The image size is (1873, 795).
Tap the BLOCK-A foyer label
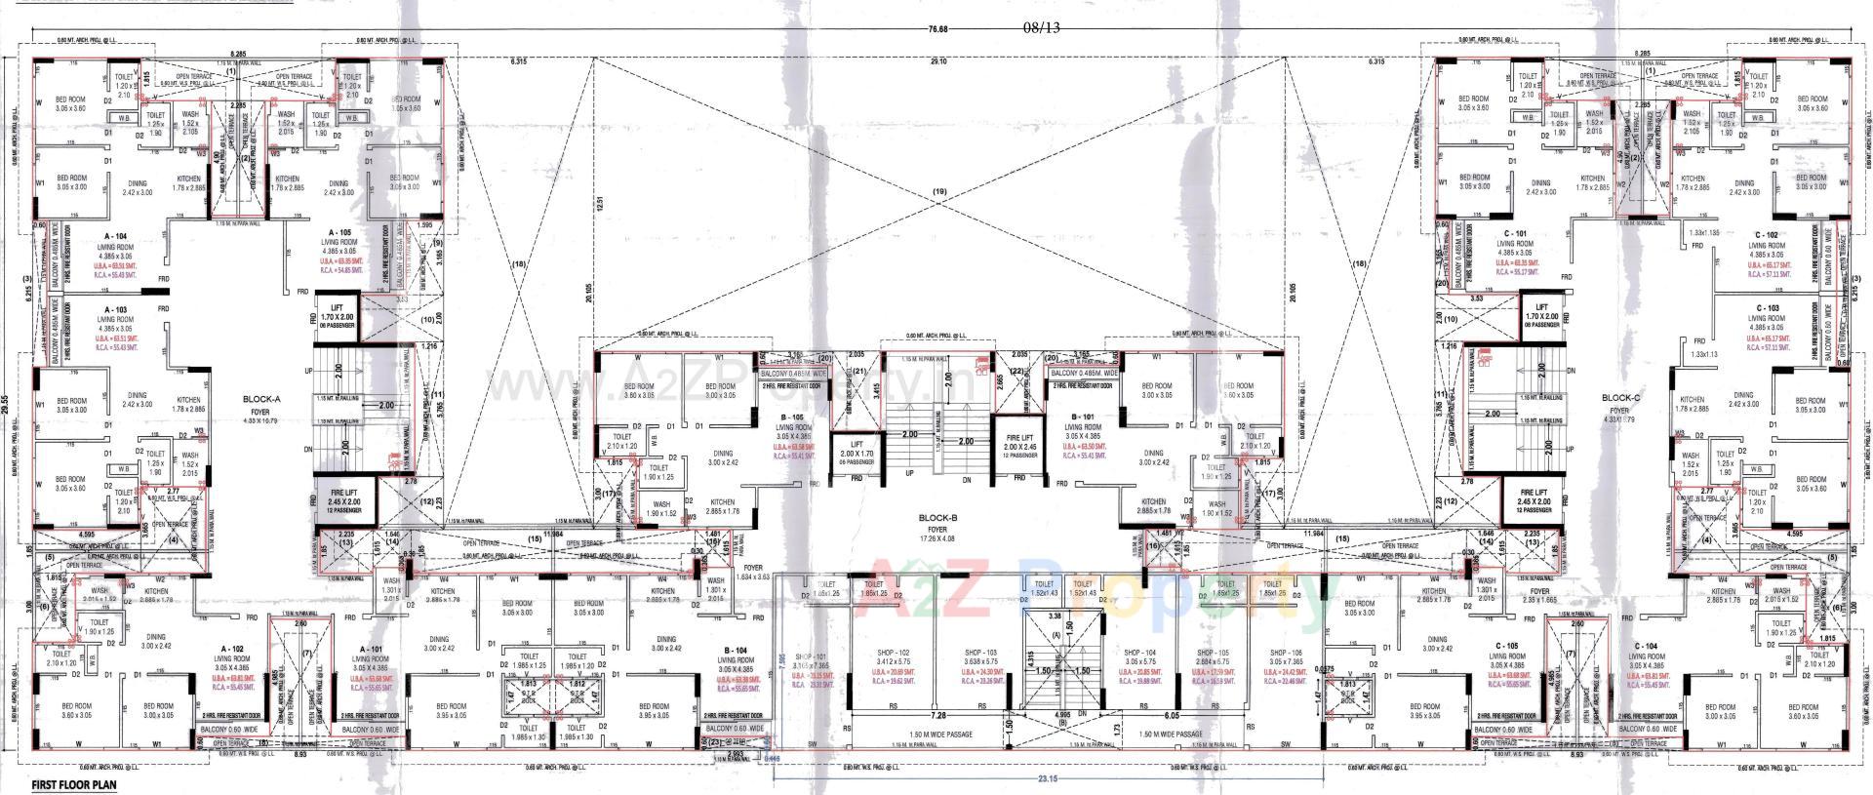point(261,399)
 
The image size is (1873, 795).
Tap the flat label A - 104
point(114,236)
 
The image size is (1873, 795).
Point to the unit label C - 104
point(1647,647)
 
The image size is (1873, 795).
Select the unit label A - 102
point(231,649)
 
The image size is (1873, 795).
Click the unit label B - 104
point(736,649)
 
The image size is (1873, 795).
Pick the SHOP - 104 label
point(1139,653)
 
